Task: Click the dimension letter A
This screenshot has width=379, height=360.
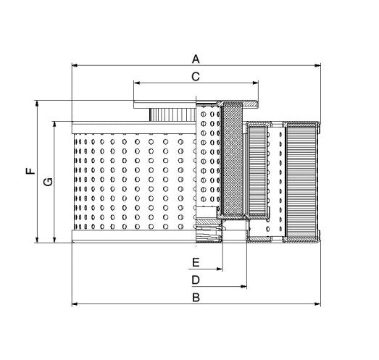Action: click(x=195, y=57)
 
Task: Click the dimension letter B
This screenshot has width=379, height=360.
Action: click(x=195, y=297)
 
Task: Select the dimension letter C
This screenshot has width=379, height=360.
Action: click(x=195, y=75)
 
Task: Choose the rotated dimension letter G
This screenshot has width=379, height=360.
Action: click(x=47, y=182)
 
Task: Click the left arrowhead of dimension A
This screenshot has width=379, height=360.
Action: click(x=74, y=65)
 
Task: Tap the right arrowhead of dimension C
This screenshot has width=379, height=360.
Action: click(x=255, y=83)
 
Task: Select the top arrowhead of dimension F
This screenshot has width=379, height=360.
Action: click(x=36, y=102)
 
